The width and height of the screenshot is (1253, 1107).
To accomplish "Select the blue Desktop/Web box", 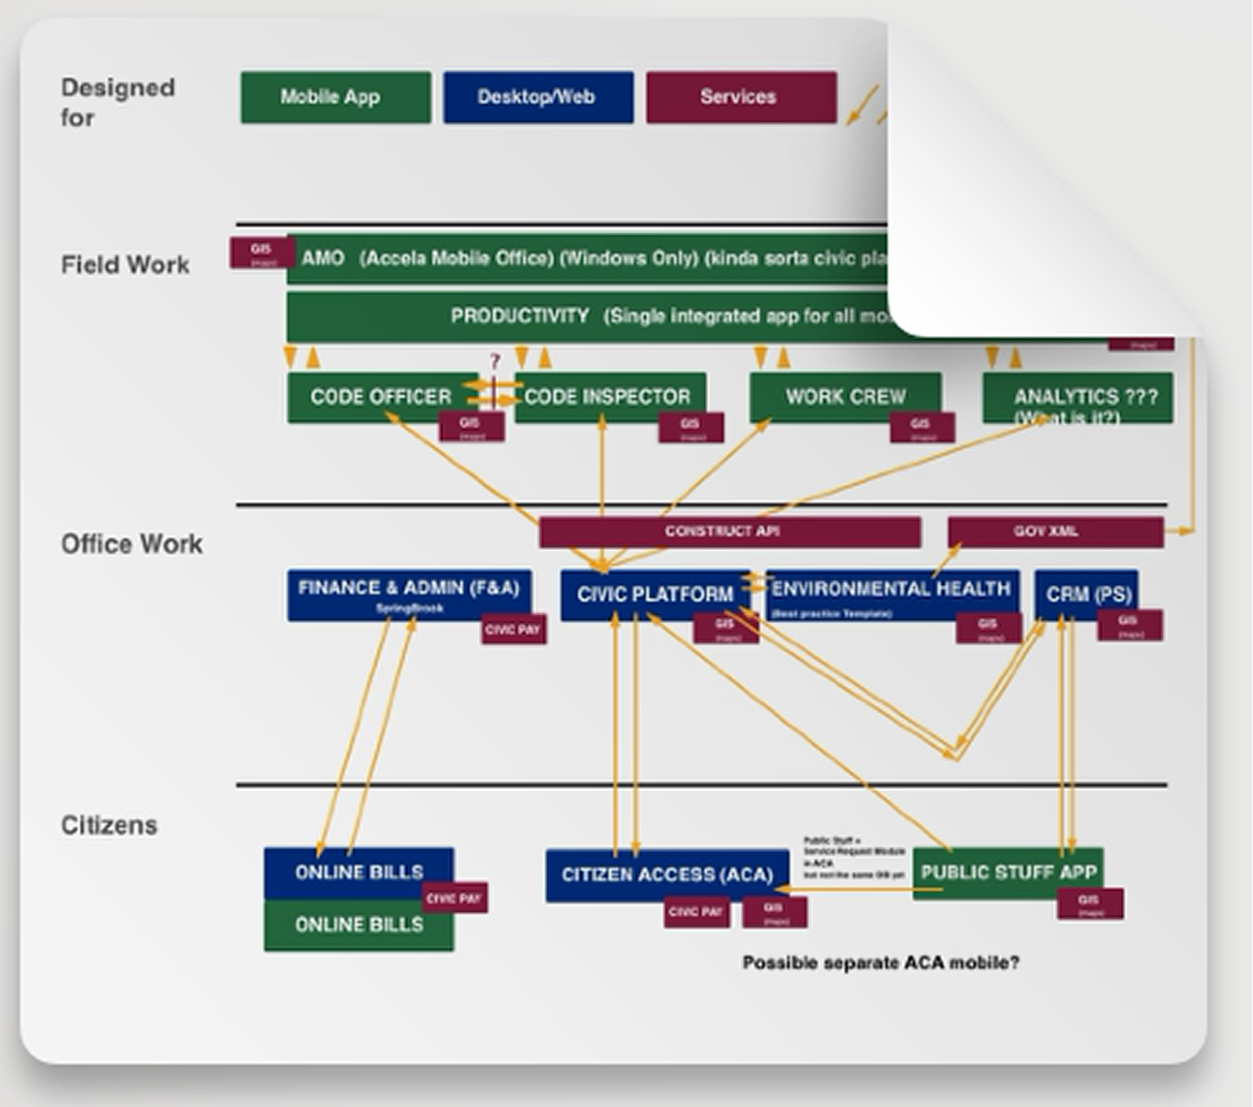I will click(x=538, y=97).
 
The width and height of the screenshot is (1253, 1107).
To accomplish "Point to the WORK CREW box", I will click(x=845, y=397).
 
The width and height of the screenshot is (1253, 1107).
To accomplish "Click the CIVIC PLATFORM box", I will click(x=655, y=594).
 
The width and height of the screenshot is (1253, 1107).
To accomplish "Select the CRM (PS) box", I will click(x=1085, y=594).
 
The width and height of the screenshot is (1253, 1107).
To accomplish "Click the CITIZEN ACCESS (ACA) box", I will click(x=666, y=875).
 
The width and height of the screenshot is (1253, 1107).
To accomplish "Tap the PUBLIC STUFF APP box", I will click(x=1008, y=872).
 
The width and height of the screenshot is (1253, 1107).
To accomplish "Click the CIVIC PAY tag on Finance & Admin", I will click(x=513, y=631).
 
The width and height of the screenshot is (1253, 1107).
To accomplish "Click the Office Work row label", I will click(x=132, y=544).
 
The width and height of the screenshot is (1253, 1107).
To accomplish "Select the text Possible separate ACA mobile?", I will click(x=881, y=963).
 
